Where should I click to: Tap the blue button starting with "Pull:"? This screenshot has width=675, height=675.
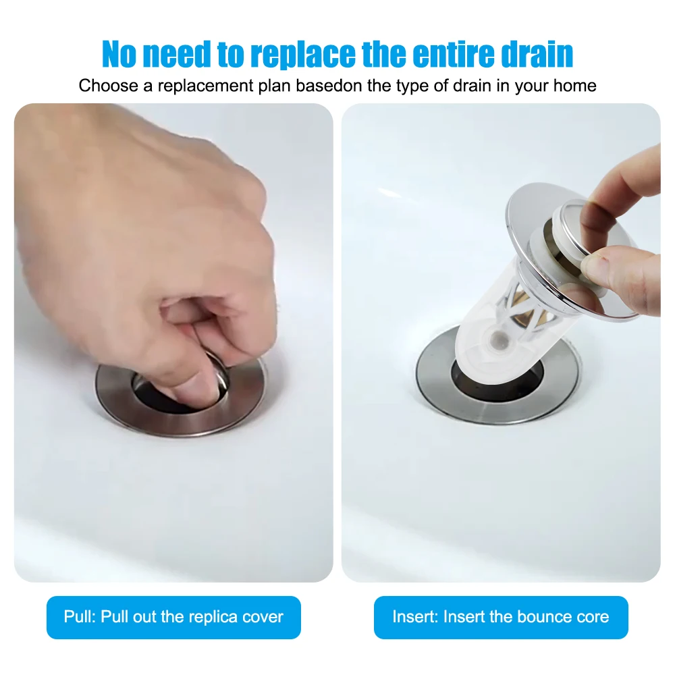(x=173, y=617)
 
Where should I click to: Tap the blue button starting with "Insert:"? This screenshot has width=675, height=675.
(x=501, y=617)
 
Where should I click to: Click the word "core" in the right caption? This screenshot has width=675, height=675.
(x=593, y=617)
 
